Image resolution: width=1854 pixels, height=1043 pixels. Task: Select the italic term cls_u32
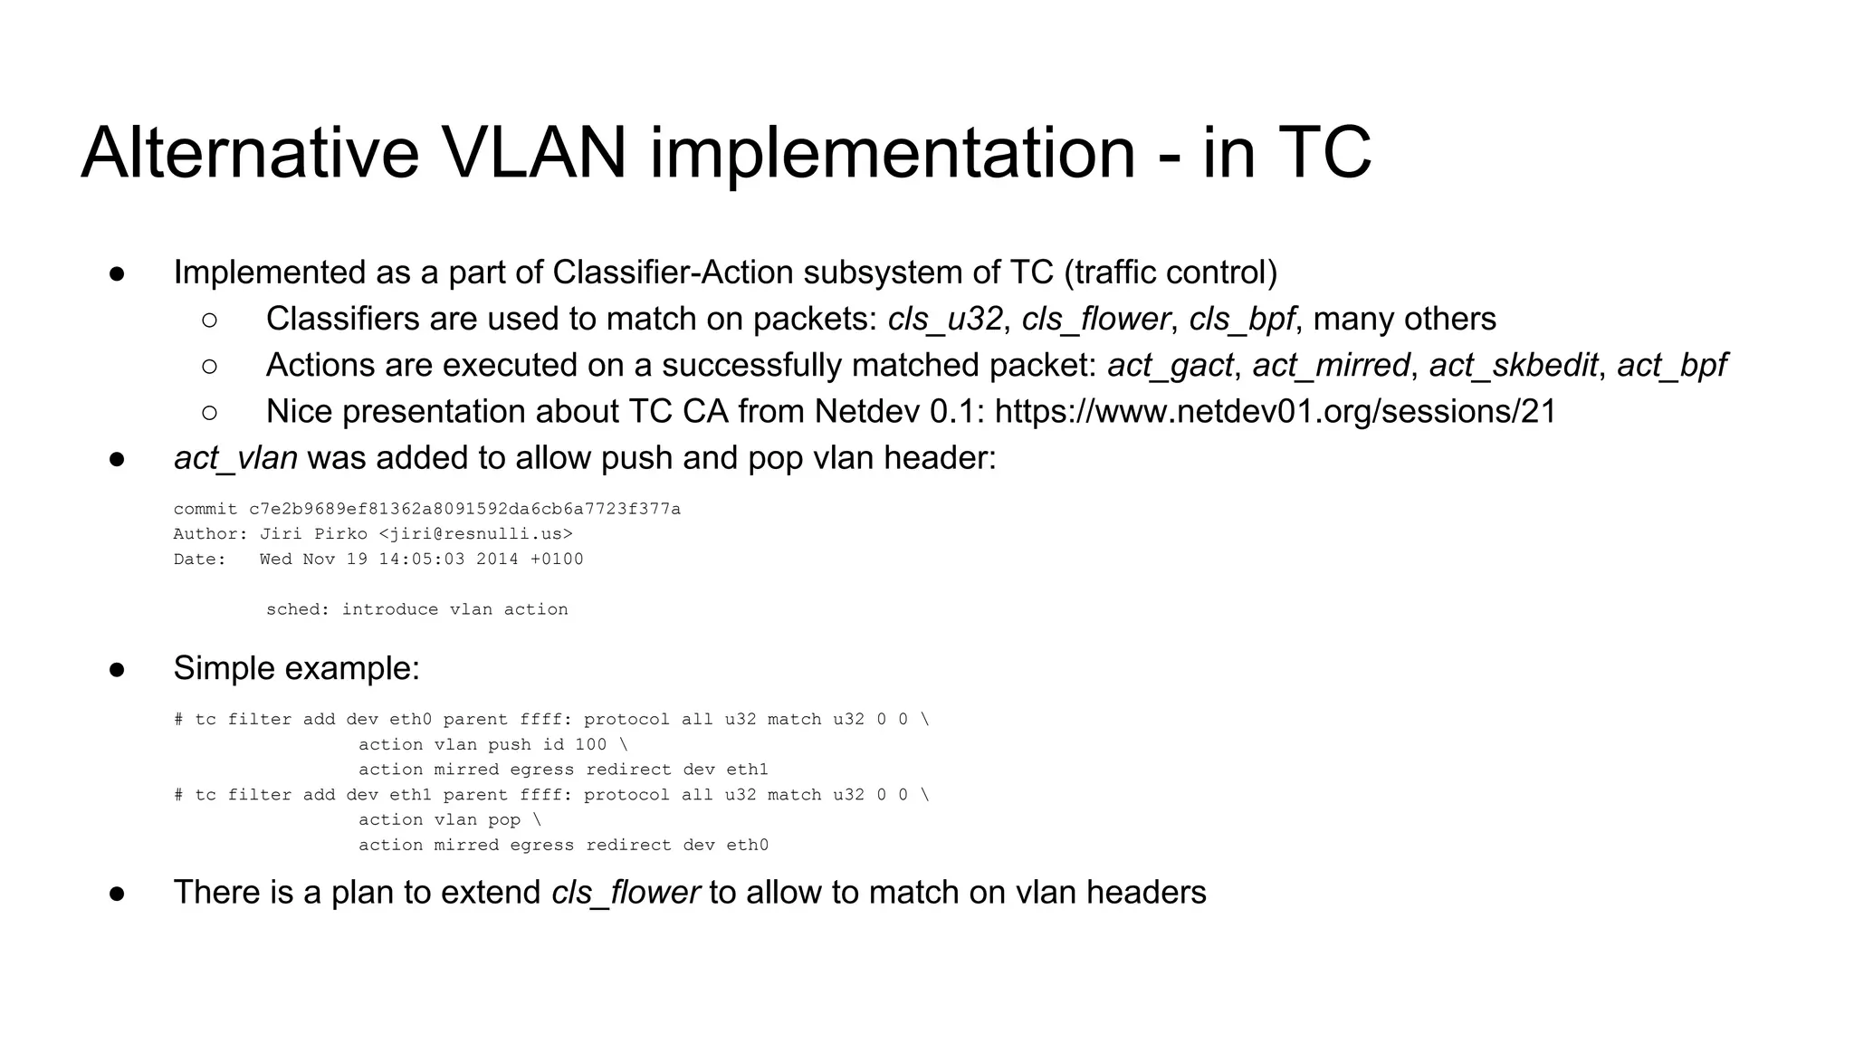pos(945,319)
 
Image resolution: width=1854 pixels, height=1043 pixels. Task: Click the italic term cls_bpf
pos(1241,319)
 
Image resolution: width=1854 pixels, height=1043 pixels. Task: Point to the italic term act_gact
pos(1170,365)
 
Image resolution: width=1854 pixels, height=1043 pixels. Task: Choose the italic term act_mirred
pos(1331,365)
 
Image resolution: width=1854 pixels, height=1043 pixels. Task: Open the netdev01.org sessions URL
pos(1275,411)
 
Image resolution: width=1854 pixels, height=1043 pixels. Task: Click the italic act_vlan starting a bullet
pos(235,458)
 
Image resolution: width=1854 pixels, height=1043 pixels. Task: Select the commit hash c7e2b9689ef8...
pos(464,509)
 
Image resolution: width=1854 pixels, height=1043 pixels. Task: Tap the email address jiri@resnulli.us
pos(475,534)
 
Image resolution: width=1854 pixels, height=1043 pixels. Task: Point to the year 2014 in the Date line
pos(497,560)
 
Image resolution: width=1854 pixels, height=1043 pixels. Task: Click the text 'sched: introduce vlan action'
pos(417,609)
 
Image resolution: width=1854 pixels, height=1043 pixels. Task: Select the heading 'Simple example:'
pos(296,668)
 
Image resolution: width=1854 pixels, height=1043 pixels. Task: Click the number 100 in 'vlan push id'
pos(591,744)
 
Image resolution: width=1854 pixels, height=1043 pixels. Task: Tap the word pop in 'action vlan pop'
pos(504,819)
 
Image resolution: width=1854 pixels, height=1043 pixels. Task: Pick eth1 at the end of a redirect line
pos(747,770)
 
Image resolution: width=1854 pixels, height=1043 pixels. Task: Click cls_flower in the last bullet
pos(625,893)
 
